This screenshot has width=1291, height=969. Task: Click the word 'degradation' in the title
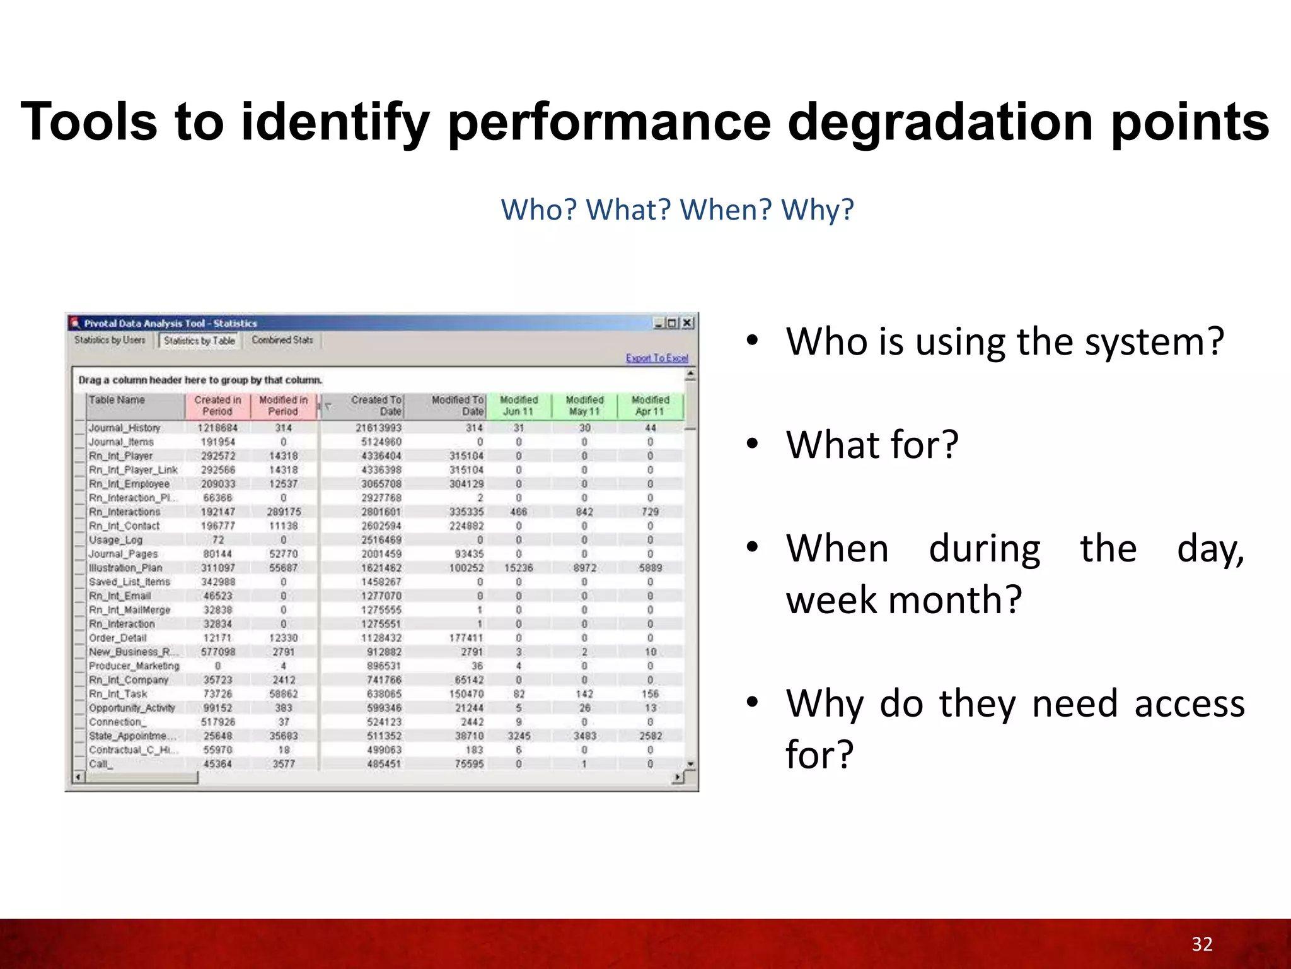941,122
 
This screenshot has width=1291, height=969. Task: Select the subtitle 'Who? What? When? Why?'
677,209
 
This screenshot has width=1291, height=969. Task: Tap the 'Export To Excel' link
657,358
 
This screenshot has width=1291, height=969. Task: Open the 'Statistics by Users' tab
110,340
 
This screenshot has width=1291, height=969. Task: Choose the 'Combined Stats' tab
282,340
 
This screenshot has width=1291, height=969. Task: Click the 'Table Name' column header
117,400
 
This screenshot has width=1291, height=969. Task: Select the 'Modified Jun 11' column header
518,406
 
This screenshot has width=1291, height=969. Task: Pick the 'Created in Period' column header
217,406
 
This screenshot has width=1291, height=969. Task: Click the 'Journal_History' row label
124,428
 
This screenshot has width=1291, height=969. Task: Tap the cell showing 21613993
378,428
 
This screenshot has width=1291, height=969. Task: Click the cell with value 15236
518,568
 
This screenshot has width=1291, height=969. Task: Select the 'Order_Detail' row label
117,638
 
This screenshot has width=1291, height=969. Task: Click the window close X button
688,323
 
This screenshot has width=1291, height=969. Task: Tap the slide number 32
1201,944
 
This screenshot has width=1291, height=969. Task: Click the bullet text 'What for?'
872,444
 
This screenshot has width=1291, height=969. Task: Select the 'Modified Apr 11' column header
650,406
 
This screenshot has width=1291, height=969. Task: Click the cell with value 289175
284,512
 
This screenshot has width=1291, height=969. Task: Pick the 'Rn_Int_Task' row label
118,694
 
